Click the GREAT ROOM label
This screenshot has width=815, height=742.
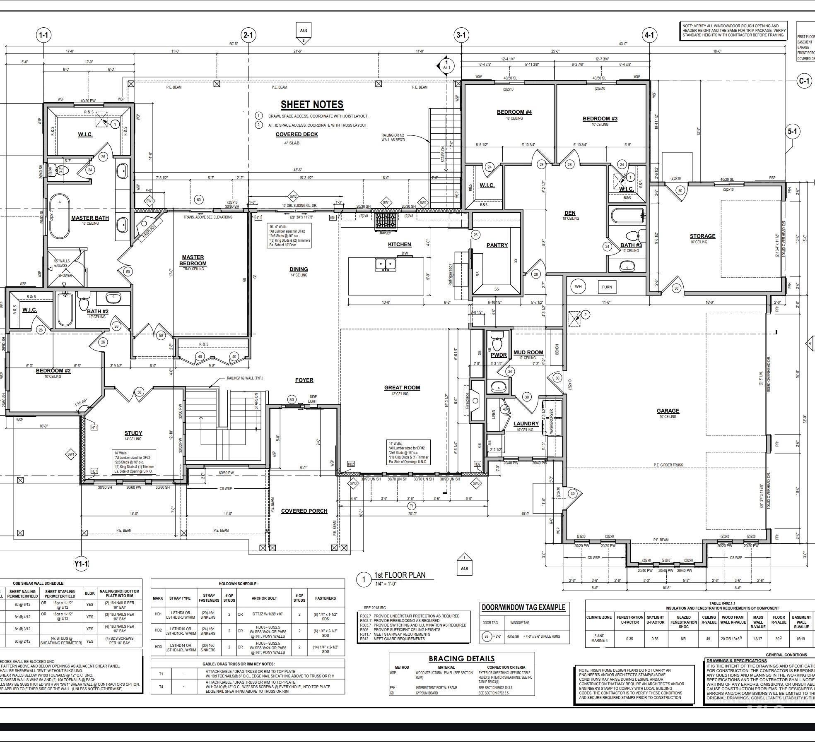[402, 388]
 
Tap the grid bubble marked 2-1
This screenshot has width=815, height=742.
[248, 35]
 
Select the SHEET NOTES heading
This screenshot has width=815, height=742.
[312, 105]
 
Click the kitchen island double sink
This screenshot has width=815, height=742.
[386, 264]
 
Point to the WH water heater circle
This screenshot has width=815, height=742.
[578, 286]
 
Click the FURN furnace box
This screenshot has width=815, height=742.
[607, 287]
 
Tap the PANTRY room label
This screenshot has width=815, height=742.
[497, 245]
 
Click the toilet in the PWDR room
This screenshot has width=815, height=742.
[497, 342]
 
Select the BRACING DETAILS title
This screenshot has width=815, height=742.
[461, 658]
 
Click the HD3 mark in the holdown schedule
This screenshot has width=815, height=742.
[158, 646]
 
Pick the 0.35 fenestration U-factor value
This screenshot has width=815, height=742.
[629, 639]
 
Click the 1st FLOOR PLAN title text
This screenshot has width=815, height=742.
[399, 575]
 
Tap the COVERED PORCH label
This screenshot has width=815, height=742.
[304, 511]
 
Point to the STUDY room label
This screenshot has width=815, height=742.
[133, 433]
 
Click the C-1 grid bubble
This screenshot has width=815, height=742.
[803, 81]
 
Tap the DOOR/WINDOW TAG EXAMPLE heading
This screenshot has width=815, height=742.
[523, 608]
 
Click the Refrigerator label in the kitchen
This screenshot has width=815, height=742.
[451, 274]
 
